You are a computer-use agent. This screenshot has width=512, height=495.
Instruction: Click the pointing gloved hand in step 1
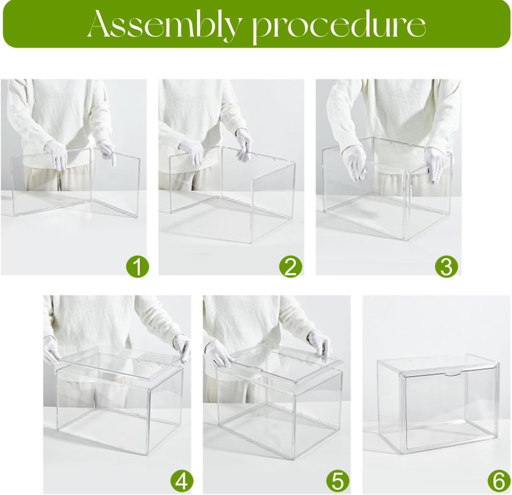107,152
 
